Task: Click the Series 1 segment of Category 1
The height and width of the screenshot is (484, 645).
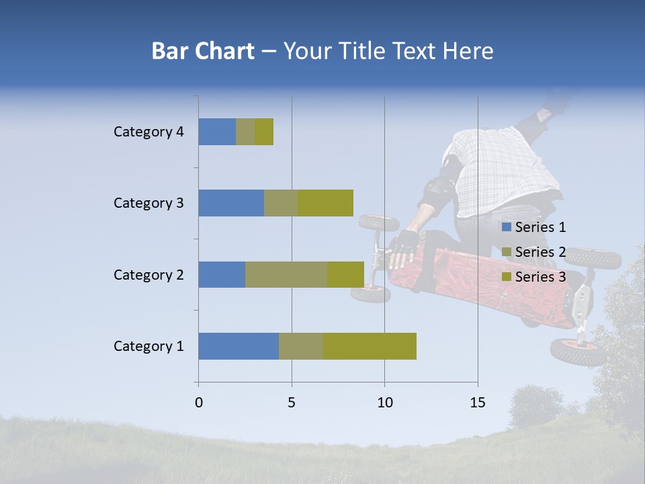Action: (239, 346)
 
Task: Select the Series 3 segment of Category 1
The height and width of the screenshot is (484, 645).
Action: (370, 346)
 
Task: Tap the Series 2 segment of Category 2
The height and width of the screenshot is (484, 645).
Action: (286, 274)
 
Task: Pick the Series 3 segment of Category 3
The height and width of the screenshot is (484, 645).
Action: (325, 203)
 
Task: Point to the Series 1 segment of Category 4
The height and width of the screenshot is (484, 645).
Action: (217, 132)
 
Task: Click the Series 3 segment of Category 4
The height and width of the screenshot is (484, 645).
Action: (264, 132)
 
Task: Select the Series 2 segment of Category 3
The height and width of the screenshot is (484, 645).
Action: (281, 203)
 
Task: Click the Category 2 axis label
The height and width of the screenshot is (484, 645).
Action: (148, 274)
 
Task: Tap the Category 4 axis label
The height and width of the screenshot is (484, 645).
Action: (148, 132)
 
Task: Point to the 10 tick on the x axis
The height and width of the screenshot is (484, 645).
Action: (384, 403)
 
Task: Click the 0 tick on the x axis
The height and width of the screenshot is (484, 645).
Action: (199, 403)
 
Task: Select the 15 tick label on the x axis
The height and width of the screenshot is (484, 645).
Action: (478, 403)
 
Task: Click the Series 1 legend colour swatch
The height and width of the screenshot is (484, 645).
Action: (506, 227)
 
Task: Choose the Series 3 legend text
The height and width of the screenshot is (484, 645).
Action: (540, 277)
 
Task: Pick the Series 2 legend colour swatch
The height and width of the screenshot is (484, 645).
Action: (506, 252)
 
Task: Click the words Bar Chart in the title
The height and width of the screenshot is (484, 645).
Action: (203, 51)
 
